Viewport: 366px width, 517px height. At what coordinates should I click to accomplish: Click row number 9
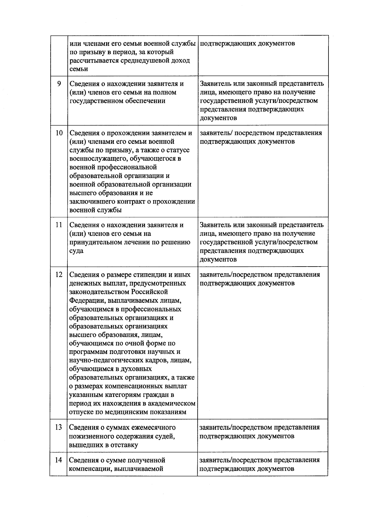click(x=59, y=83)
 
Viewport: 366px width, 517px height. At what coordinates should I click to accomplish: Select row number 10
click(x=59, y=133)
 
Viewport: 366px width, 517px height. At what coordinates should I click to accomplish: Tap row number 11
click(x=59, y=225)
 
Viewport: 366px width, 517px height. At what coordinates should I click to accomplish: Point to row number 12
click(x=59, y=274)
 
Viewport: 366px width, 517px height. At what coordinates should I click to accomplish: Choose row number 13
click(x=59, y=427)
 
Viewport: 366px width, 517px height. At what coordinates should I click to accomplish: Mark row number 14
click(x=59, y=460)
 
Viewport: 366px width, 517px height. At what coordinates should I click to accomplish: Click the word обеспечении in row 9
click(x=146, y=101)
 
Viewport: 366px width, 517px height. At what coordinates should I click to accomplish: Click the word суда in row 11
click(x=76, y=251)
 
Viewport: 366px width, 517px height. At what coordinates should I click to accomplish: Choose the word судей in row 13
click(x=166, y=436)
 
